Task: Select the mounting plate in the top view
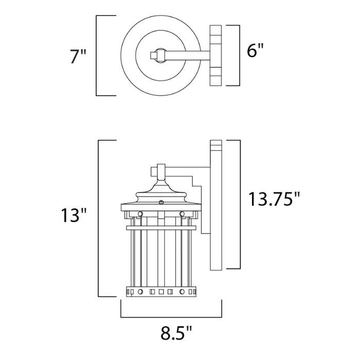[216, 55]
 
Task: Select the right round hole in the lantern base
[182, 292]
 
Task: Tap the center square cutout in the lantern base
[161, 292]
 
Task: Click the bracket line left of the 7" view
[97, 56]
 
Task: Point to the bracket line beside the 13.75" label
[240, 204]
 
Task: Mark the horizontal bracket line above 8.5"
[171, 316]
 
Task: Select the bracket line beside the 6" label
[240, 55]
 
